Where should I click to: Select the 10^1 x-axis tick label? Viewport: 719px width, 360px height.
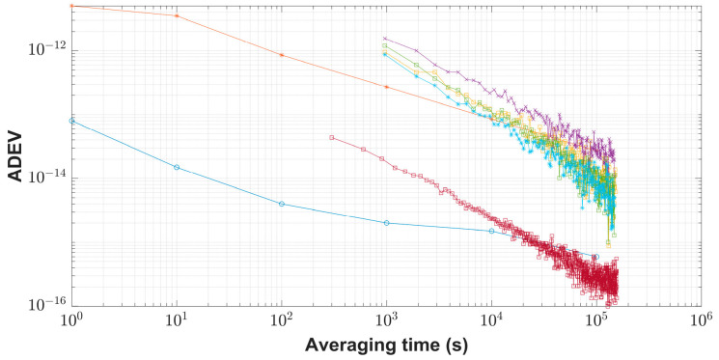coord(176,319)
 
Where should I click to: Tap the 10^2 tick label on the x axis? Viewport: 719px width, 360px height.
coord(281,319)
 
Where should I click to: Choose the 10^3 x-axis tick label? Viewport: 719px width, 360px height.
coord(386,319)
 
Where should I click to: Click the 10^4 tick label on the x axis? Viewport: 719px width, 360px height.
coord(491,319)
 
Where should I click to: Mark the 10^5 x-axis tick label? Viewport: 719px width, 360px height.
coord(596,319)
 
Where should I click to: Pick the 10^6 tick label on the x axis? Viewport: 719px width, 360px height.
coord(702,319)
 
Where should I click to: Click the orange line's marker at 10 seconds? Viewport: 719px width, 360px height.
coord(176,15)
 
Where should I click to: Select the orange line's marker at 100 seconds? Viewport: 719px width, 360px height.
coord(281,55)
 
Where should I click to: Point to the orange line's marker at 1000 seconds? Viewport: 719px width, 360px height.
coord(386,87)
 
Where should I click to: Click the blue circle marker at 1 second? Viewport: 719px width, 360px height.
coord(71,120)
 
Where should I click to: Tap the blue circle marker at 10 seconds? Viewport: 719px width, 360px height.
coord(176,167)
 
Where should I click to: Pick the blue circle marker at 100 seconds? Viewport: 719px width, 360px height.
coord(281,204)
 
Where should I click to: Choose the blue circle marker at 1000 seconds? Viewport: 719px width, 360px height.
coord(386,223)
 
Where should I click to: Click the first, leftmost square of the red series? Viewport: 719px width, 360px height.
coord(331,137)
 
